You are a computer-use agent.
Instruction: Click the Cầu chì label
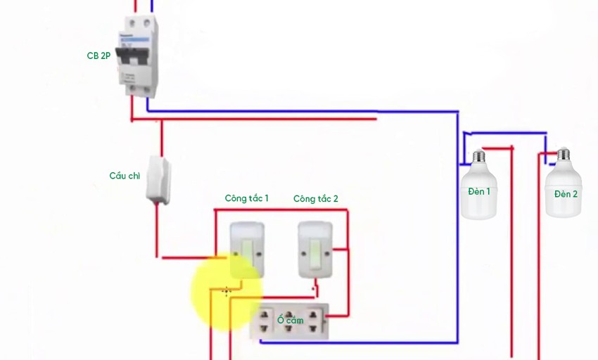[x=125, y=176]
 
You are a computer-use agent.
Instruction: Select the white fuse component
[x=159, y=181]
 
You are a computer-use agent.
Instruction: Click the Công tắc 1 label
[x=246, y=199]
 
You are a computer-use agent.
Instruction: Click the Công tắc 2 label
[x=315, y=199]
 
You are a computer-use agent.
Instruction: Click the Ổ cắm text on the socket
[x=290, y=320]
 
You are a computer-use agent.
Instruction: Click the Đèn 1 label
[x=479, y=191]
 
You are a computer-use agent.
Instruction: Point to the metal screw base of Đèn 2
[x=563, y=154]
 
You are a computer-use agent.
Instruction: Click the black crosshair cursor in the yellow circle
[x=227, y=290]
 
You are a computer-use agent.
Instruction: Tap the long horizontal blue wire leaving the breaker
[x=303, y=111]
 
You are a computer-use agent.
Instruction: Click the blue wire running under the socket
[x=352, y=342]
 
